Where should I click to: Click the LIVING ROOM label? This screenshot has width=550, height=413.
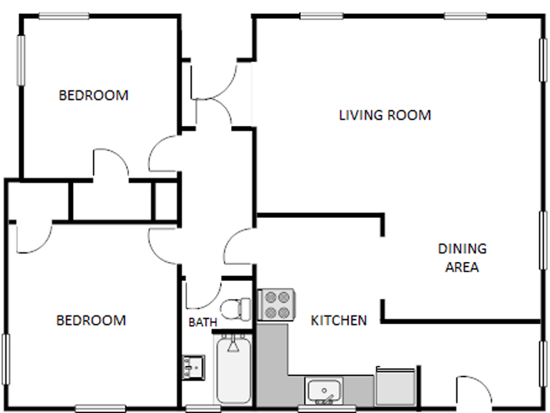point(384,116)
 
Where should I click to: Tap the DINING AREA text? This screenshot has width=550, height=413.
point(462,257)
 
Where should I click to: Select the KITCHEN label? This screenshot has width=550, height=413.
point(339,320)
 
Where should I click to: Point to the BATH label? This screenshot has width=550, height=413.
point(202,323)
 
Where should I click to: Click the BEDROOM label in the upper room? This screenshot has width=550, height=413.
point(93,96)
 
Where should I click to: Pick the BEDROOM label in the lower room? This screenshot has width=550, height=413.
point(91,320)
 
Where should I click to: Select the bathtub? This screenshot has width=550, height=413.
point(233,368)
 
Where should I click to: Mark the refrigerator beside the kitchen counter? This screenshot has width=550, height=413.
point(397,386)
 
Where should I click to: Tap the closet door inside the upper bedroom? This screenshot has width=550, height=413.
point(111,164)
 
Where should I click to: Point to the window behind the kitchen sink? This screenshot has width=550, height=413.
point(323,408)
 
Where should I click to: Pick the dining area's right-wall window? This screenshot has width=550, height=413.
point(544,240)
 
